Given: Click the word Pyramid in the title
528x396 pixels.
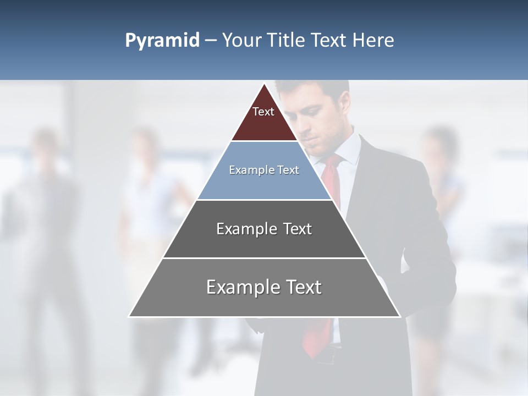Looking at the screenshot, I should (x=162, y=41).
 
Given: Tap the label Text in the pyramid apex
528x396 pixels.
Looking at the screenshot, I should (x=263, y=112).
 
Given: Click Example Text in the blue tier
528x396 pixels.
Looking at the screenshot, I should (x=264, y=170).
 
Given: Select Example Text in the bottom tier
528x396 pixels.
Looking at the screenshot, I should (x=264, y=287).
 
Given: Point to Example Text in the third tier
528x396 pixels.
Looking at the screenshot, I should (x=264, y=229).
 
